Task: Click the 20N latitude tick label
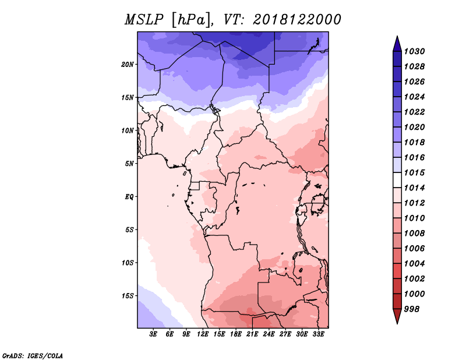pos(128,65)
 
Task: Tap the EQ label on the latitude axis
pos(129,197)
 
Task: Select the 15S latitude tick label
pos(128,296)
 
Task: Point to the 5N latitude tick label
pos(129,164)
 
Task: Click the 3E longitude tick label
pos(153,334)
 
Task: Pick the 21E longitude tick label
pos(252,334)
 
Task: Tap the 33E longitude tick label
pos(318,334)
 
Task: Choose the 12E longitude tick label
pos(203,334)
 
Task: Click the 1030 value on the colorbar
pos(415,51)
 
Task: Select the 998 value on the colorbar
pos(412,309)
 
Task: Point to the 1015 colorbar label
pos(415,172)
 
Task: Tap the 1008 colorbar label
pos(415,234)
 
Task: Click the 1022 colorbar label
pos(415,112)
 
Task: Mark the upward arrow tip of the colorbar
pos(397,36)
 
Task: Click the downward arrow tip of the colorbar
pos(397,324)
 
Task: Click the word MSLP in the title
pos(144,20)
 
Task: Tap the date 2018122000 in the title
pos(297,20)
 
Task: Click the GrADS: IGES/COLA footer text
pos(33,356)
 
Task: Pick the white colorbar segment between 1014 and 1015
pos(397,180)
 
